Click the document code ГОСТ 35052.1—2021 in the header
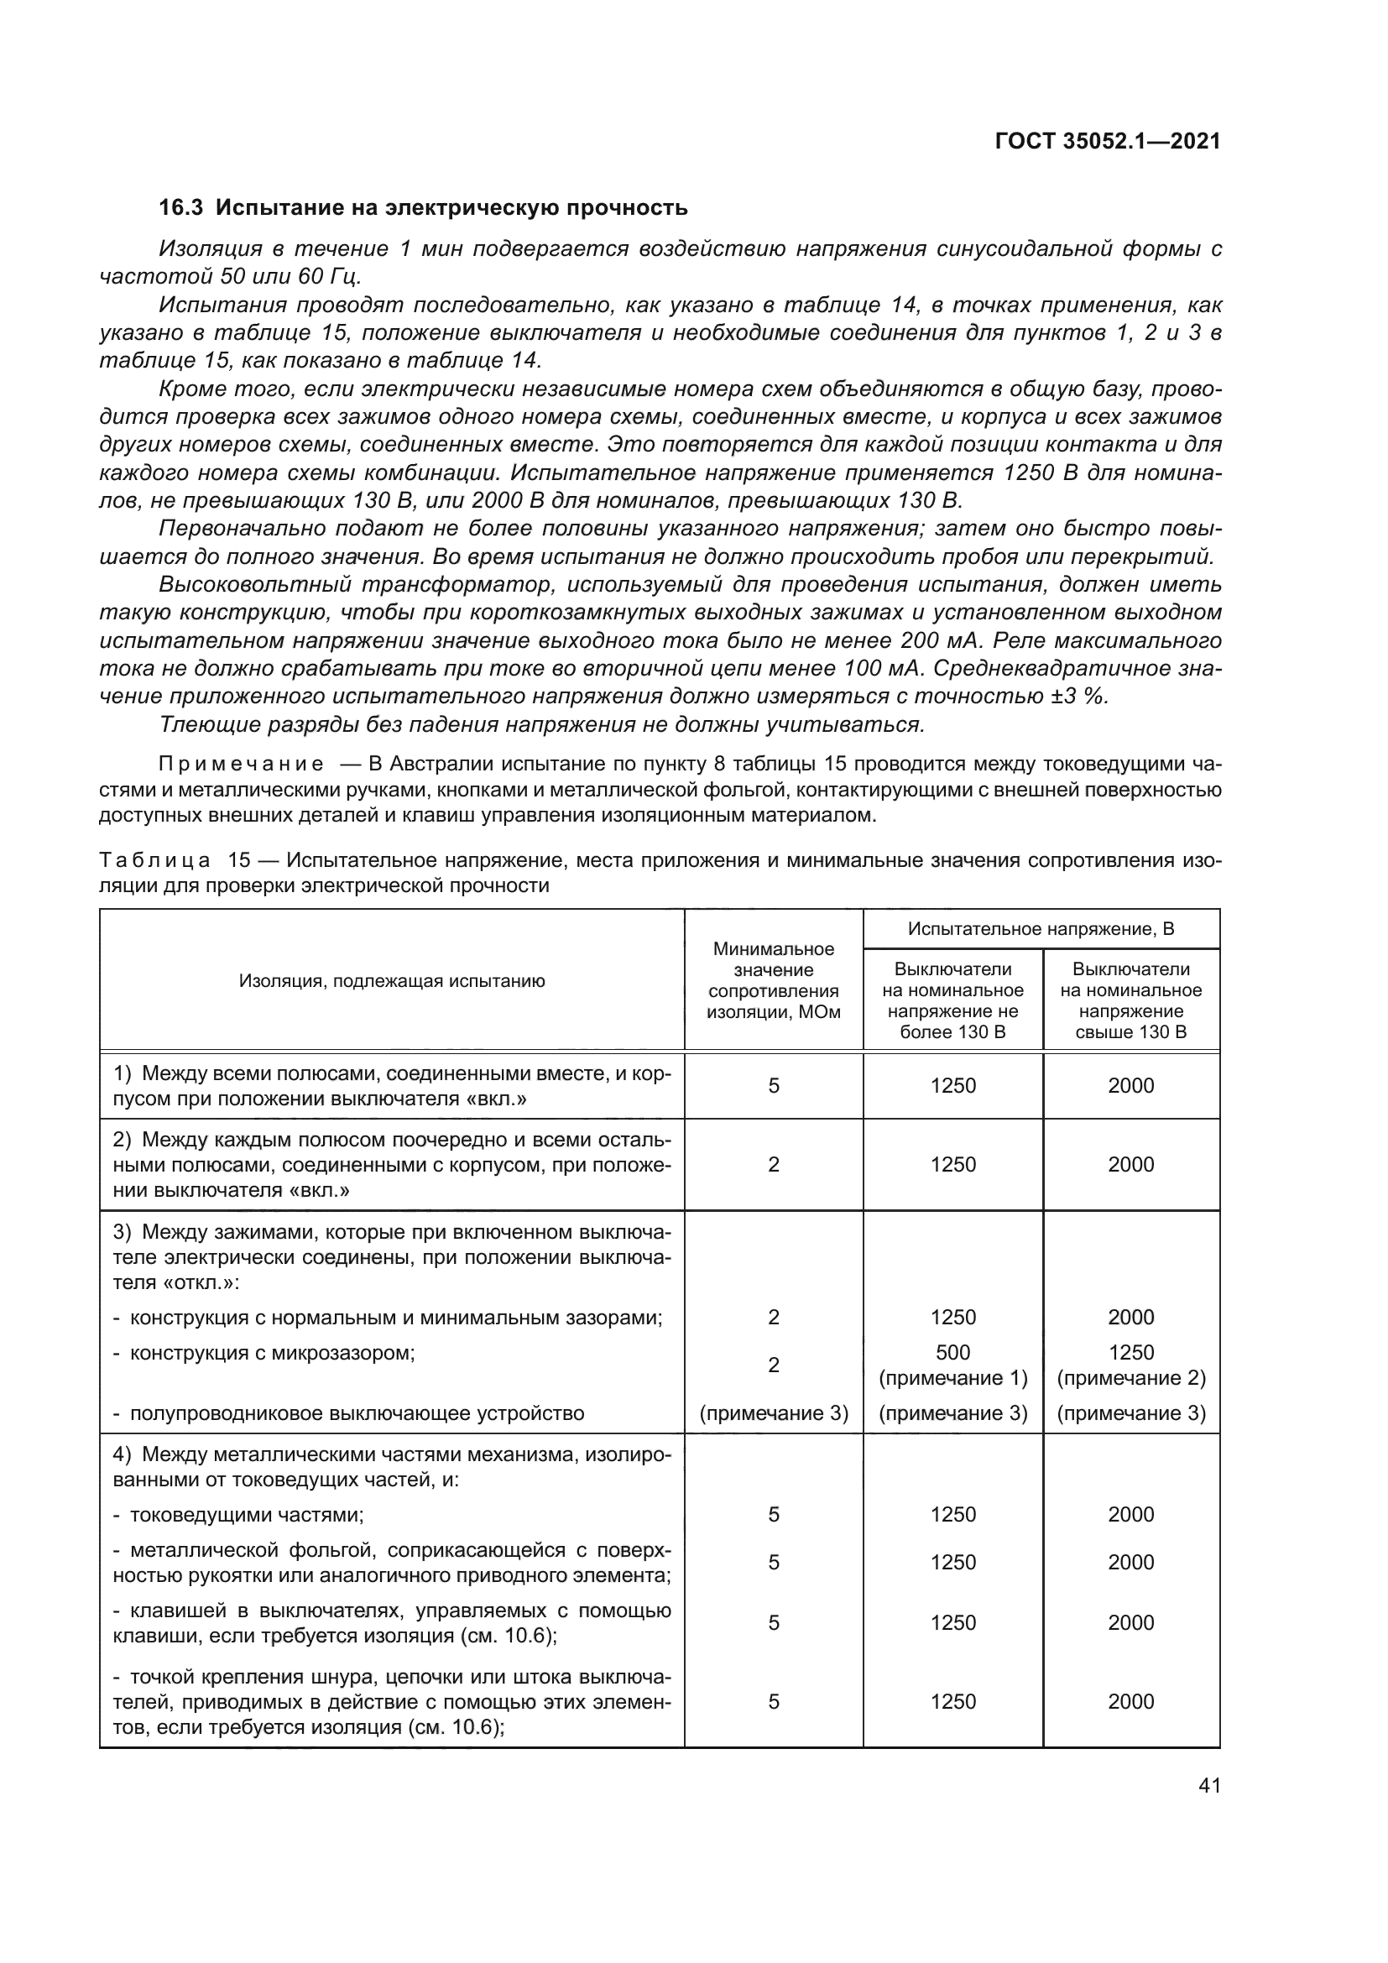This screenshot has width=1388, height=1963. click(x=1108, y=141)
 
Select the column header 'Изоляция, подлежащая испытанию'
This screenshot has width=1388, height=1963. click(x=391, y=980)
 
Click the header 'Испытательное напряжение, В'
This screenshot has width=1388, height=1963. click(x=1041, y=929)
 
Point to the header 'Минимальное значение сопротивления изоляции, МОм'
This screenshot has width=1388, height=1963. click(x=774, y=980)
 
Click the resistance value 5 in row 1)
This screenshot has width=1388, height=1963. click(x=774, y=1086)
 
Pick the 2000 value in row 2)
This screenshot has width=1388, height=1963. click(x=1130, y=1165)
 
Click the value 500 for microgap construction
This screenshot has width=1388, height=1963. click(x=953, y=1353)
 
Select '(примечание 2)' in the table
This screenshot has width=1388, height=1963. click(x=1130, y=1378)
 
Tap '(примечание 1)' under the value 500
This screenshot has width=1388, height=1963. click(x=953, y=1378)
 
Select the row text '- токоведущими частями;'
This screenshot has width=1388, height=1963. click(x=239, y=1515)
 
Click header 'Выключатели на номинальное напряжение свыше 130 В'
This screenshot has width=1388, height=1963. click(x=1130, y=1000)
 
